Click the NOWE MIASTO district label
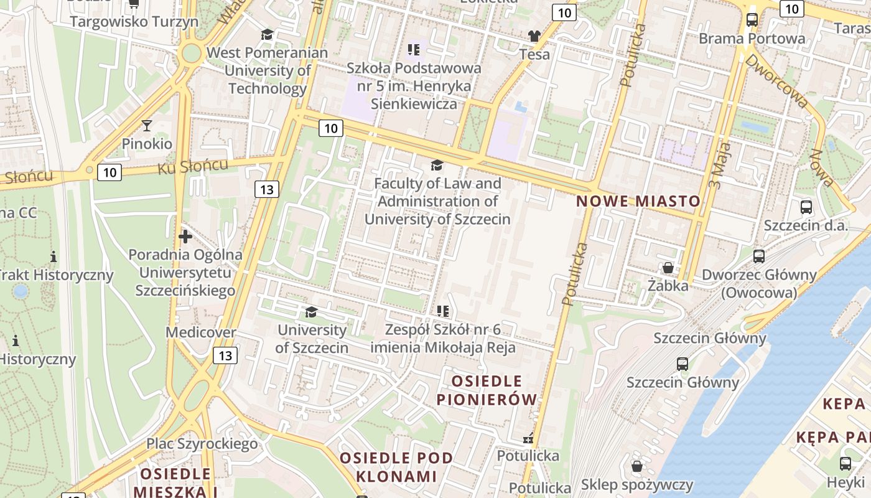[638, 201]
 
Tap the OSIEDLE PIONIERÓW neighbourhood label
[487, 390]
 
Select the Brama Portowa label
[752, 39]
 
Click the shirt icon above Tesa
[534, 36]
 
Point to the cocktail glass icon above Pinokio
[147, 126]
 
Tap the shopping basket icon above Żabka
[668, 268]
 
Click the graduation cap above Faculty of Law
[437, 166]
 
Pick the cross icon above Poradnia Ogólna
[185, 237]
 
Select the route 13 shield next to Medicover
[225, 355]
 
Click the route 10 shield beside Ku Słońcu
[109, 172]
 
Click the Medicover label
[201, 332]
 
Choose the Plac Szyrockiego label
[202, 443]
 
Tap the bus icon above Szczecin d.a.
[806, 207]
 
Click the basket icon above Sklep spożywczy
[637, 466]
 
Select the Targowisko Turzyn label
[134, 22]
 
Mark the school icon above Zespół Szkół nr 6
[443, 311]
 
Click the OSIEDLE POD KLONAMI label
[396, 467]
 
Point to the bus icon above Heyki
[845, 463]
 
